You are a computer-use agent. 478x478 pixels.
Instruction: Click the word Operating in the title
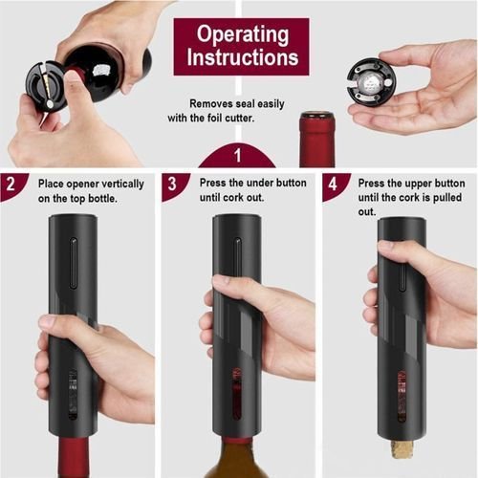tap(243, 35)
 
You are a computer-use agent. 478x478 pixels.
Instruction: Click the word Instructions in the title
tap(243, 57)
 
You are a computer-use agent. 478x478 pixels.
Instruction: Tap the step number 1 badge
tap(237, 156)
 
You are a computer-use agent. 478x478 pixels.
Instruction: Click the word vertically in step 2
tap(123, 185)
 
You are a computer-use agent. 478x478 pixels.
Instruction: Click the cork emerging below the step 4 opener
tap(402, 448)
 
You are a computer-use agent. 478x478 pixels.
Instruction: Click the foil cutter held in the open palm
tap(371, 82)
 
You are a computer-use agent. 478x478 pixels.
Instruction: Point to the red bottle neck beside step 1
tap(317, 140)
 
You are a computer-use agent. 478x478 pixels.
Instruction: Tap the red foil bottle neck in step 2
tap(74, 457)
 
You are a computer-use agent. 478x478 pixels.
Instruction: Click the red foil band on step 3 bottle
tap(237, 442)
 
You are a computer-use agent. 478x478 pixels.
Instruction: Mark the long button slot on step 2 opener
tap(74, 263)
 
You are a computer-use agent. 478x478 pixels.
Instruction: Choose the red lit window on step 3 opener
tap(236, 394)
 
